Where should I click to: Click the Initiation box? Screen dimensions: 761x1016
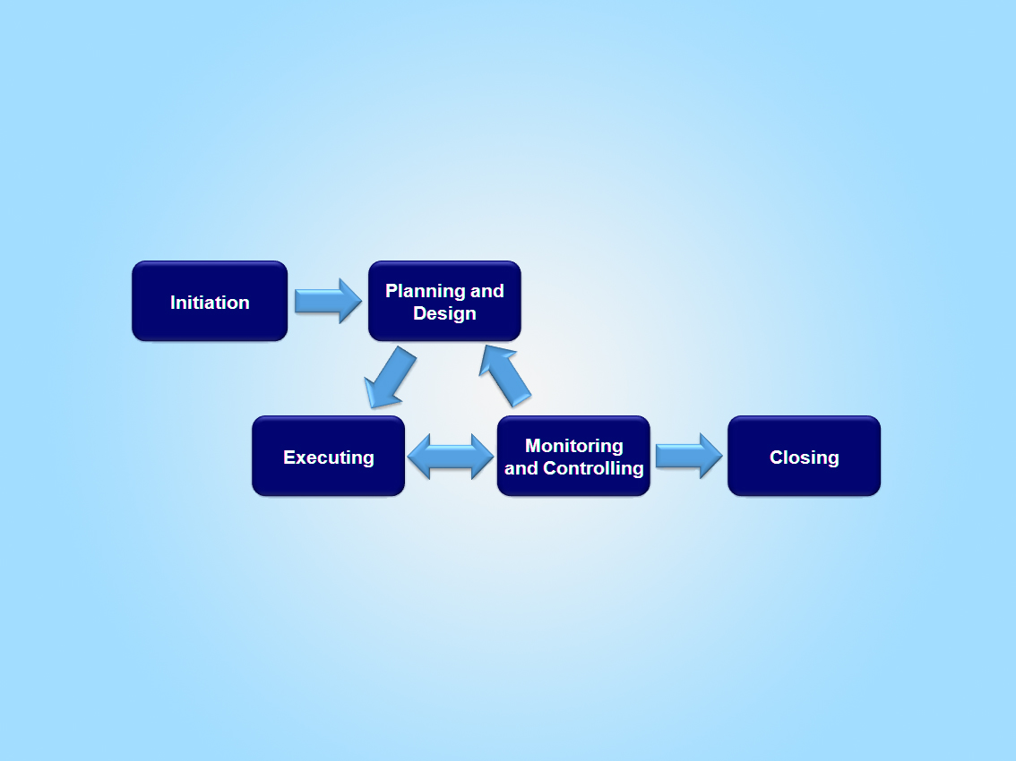click(x=210, y=301)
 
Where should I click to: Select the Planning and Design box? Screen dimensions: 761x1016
click(x=444, y=301)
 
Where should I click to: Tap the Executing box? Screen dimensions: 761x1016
click(x=328, y=456)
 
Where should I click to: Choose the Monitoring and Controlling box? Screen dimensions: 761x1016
click(x=573, y=456)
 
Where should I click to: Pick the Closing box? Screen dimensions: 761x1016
click(x=804, y=456)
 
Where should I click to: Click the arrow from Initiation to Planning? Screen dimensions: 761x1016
click(x=328, y=301)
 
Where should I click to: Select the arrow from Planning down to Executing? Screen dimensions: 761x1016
click(x=391, y=377)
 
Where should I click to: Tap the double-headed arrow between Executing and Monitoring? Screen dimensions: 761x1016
click(x=451, y=457)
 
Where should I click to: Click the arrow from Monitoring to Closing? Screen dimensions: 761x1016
click(x=688, y=456)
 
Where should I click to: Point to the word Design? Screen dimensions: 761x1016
click(x=444, y=314)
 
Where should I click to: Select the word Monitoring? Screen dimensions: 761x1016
click(x=574, y=446)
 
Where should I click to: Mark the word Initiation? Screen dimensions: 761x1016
click(x=210, y=303)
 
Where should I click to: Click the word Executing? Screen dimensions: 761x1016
click(x=329, y=457)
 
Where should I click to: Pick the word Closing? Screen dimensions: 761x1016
click(x=805, y=457)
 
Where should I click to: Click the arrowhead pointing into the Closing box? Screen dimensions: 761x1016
click(x=710, y=456)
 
